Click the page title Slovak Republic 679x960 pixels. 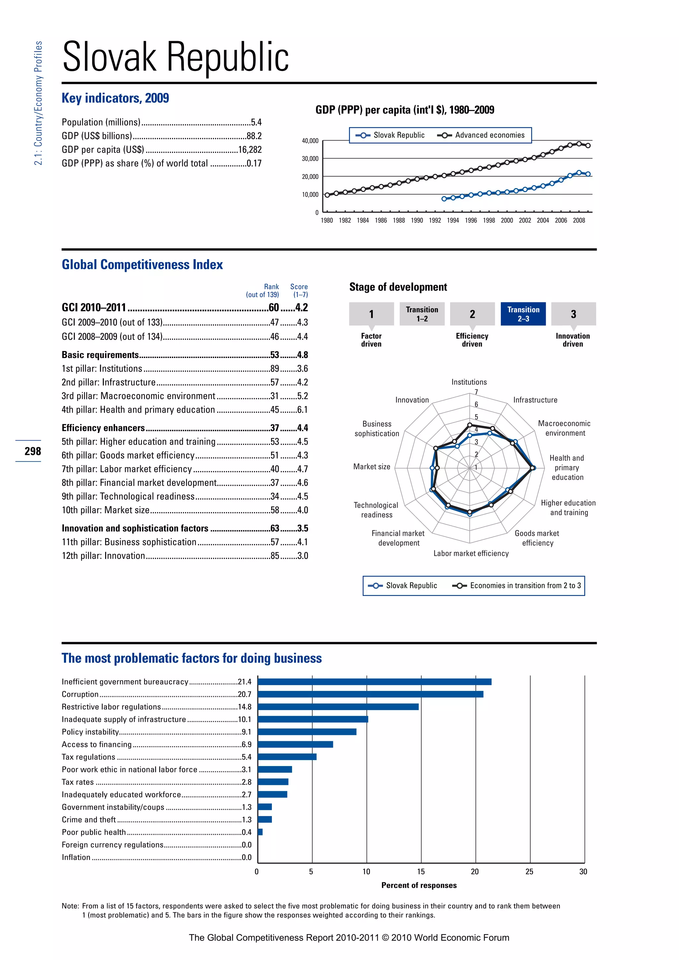(176, 57)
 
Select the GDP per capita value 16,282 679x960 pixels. (250, 150)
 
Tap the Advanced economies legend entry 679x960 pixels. (489, 135)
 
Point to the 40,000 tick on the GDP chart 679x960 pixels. (310, 141)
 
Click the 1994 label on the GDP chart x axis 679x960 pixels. (453, 220)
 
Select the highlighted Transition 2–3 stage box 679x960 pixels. (523, 314)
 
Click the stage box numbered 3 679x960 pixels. (573, 314)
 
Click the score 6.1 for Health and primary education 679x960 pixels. (302, 410)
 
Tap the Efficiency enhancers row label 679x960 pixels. (103, 428)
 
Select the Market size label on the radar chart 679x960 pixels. (372, 467)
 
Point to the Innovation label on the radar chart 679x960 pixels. (412, 400)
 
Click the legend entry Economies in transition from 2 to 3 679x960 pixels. (525, 585)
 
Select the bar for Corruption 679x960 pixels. (370, 694)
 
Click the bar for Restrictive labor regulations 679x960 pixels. (338, 707)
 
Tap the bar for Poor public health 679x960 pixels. (260, 832)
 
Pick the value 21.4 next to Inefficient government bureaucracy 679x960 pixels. (245, 682)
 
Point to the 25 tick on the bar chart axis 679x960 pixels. (529, 872)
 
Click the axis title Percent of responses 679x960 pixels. (419, 885)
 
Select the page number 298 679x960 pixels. (32, 451)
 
